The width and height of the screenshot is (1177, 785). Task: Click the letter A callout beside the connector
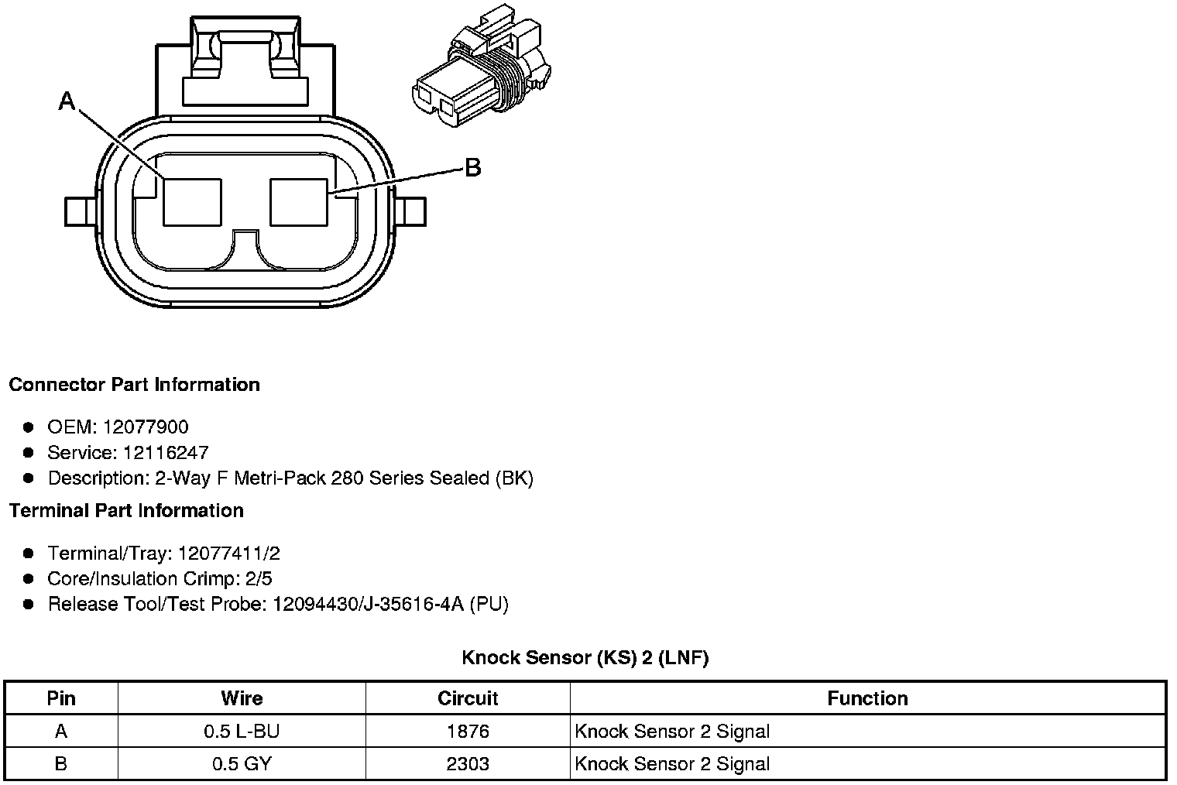coord(67,101)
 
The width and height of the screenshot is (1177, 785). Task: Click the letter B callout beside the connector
coord(472,167)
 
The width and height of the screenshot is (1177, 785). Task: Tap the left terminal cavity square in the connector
coord(192,202)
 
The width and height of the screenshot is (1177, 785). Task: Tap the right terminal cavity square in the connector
coord(299,202)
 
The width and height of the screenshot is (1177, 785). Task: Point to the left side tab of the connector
coord(77,211)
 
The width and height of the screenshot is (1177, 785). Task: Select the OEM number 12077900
coord(146,427)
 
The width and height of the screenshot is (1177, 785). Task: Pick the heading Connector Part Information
coord(135,385)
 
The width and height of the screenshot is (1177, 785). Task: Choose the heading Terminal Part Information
coord(126,511)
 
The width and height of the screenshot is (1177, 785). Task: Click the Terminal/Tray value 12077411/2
coord(228,554)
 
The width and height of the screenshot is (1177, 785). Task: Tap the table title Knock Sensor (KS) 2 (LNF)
coord(585,658)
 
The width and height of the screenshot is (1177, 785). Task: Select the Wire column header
coord(242,698)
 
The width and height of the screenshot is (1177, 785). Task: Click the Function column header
coord(867,698)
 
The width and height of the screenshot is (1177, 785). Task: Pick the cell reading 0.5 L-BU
coord(242,732)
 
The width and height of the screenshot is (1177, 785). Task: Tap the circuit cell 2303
coord(468,764)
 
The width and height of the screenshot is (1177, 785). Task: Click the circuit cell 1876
coord(468,732)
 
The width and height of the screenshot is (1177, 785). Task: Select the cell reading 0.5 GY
coord(242,764)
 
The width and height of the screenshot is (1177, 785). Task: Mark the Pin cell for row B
coord(61,764)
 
